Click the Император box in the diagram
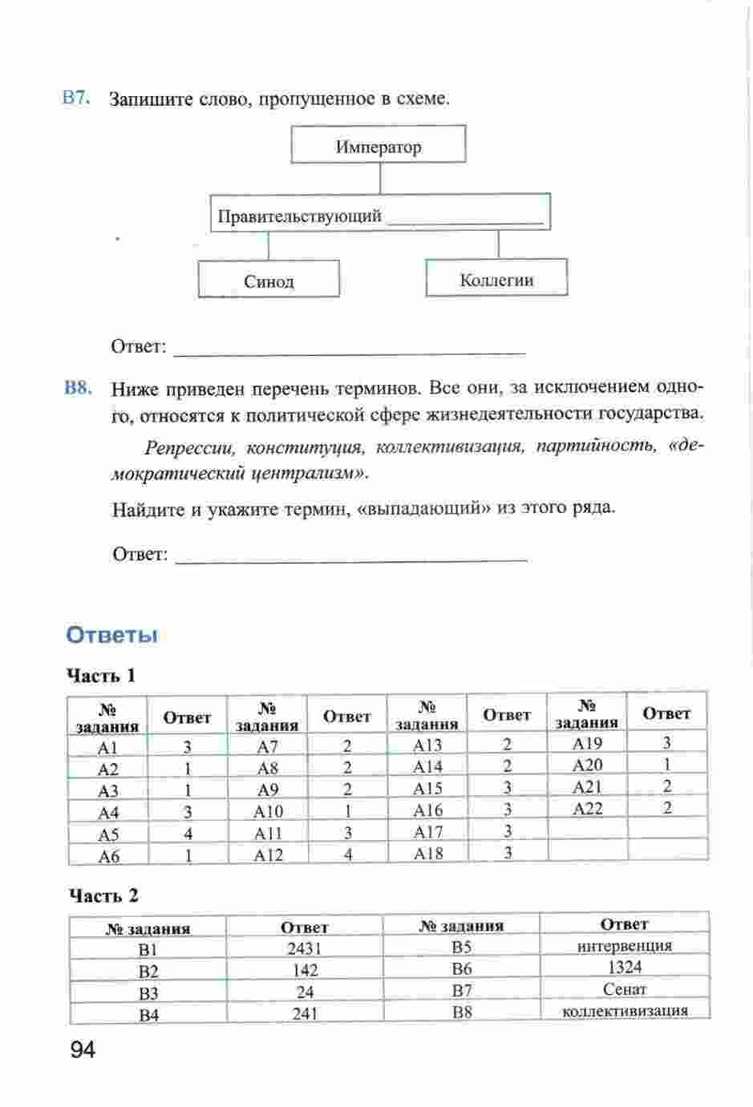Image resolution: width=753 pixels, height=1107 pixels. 379,146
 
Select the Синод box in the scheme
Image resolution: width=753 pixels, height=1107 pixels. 269,281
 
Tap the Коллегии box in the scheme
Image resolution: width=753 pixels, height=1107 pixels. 496,279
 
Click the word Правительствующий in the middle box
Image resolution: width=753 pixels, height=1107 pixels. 299,216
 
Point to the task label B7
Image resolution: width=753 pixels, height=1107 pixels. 76,98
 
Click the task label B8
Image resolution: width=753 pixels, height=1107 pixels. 78,388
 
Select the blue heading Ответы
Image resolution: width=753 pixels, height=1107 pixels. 111,635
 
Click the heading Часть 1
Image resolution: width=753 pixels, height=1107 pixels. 101,676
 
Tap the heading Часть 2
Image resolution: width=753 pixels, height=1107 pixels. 103,895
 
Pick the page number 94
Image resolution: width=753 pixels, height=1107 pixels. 83,1049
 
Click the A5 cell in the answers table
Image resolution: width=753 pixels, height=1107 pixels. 108,834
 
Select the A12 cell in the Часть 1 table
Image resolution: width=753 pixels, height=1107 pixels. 268,855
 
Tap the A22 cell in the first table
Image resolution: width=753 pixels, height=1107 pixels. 588,809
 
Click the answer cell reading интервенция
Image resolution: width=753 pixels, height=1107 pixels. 624,946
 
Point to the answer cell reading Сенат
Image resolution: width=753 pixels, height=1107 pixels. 624,989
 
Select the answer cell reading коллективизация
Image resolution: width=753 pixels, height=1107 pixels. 625,1010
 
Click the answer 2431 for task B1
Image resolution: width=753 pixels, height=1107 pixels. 304,949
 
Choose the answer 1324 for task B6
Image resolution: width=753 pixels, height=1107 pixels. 624,968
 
